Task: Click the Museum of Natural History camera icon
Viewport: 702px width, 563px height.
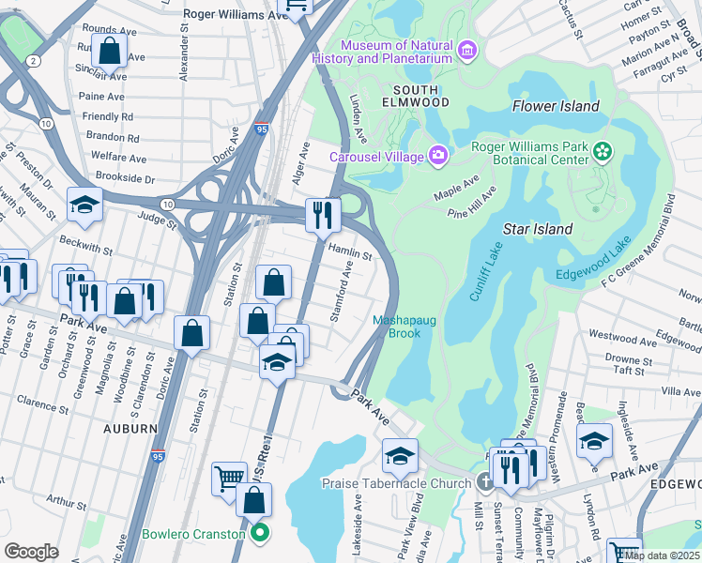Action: click(467, 50)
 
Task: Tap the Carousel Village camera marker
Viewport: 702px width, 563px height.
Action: click(437, 155)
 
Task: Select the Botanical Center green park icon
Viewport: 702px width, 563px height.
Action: click(602, 150)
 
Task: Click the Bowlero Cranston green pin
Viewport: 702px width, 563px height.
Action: click(260, 535)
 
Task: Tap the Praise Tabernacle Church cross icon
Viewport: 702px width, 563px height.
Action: click(484, 483)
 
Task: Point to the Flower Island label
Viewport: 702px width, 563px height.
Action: click(556, 106)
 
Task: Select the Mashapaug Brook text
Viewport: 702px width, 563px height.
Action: click(404, 327)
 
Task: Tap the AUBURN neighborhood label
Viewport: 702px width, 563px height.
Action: click(130, 428)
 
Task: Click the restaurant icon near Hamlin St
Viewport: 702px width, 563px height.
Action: click(322, 215)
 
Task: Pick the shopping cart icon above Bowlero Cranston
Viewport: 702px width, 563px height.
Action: click(228, 478)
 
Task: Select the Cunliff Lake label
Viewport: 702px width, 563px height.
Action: click(485, 270)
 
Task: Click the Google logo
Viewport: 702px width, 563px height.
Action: click(31, 552)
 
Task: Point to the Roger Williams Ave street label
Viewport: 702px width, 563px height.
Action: click(234, 15)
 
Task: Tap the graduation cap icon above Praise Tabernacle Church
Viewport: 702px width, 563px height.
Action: click(400, 456)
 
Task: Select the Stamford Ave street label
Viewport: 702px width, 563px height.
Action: click(342, 292)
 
